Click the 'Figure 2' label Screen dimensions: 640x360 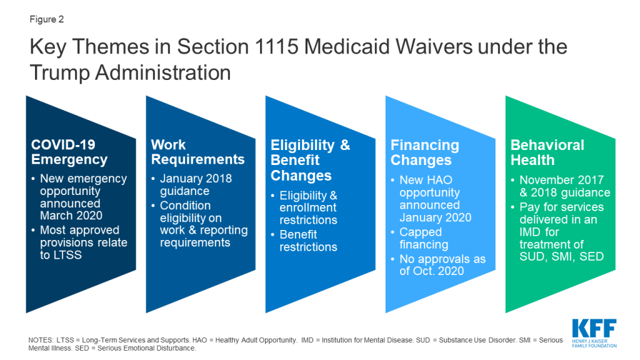click(46, 19)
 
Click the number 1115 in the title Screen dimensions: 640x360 click(276, 46)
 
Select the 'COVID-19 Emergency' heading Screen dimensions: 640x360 click(69, 152)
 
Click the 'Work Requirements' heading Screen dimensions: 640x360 click(197, 152)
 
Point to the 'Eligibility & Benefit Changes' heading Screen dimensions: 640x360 click(310, 160)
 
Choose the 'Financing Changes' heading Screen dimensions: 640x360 click(425, 152)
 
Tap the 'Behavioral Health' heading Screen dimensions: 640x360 click(547, 152)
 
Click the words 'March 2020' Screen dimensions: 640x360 click(71, 216)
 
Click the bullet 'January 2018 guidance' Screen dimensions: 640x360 click(196, 185)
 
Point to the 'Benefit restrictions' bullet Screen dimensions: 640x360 click(308, 241)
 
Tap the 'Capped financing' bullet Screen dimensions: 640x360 click(424, 238)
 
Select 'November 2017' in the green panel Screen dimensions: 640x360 click(562, 180)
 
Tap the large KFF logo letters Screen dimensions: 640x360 click(594, 328)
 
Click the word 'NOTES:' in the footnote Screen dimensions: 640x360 click(41, 340)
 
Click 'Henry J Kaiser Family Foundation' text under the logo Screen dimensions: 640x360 click(594, 343)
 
